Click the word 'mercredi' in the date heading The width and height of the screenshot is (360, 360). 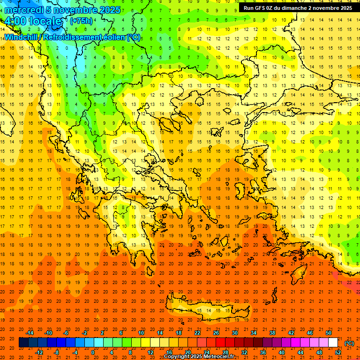tap(23, 10)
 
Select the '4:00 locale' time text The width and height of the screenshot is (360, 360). tap(32, 21)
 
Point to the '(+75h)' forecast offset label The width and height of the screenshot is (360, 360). tap(81, 21)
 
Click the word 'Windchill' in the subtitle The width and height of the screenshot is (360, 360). tap(22, 37)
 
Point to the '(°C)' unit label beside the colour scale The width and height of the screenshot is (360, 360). tap(349, 343)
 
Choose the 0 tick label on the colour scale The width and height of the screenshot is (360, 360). tap(92, 352)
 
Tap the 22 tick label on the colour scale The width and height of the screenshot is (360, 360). tap(197, 332)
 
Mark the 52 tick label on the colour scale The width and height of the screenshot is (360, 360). tap(337, 352)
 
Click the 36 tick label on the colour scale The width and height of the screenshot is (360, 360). tap(262, 352)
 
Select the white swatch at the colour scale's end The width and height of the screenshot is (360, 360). tap(333, 343)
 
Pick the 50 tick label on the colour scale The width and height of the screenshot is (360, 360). tap(328, 332)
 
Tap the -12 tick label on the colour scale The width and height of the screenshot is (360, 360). tap(39, 352)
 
